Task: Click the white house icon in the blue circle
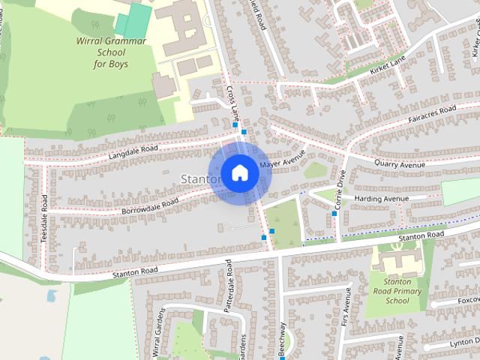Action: (238, 173)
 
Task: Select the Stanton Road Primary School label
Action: (397, 290)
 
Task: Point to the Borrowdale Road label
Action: (150, 204)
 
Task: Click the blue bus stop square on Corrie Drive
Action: (334, 214)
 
